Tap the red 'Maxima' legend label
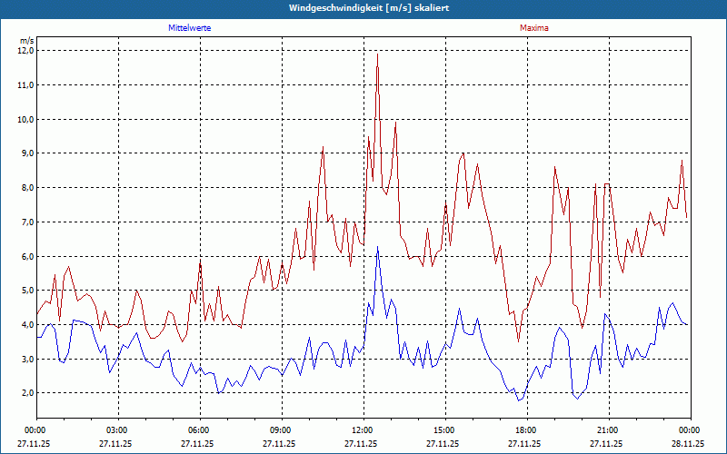(x=534, y=28)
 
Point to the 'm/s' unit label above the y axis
(x=27, y=41)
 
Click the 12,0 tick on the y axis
(x=25, y=51)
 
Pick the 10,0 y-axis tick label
(x=25, y=119)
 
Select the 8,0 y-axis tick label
(x=25, y=188)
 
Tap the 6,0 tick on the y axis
(x=25, y=256)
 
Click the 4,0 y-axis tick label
(x=25, y=324)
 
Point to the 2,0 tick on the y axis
(x=25, y=393)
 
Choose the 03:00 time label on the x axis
(x=116, y=429)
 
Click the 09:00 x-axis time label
(x=280, y=429)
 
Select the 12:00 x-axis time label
(x=362, y=429)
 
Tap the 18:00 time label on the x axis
(x=525, y=429)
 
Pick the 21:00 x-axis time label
(x=607, y=429)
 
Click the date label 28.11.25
(x=688, y=444)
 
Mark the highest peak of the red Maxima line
(x=377, y=54)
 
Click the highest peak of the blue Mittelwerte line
(x=378, y=246)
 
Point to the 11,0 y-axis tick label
(x=25, y=85)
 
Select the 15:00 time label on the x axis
(x=443, y=429)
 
